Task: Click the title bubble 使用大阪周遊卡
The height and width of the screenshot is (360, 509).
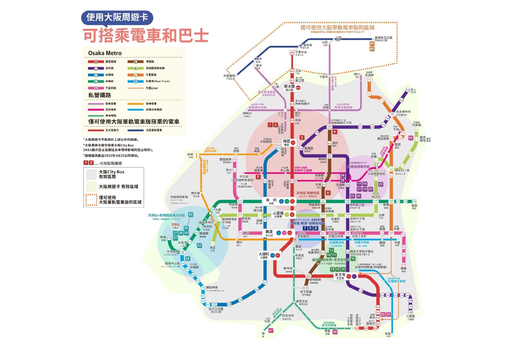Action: [x=117, y=17]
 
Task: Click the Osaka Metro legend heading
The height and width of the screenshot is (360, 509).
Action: [x=105, y=53]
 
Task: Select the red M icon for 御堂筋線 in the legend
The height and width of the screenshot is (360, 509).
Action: [x=95, y=62]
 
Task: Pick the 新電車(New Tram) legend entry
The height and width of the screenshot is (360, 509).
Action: [x=157, y=81]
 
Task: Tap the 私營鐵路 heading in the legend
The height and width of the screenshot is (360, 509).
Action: [x=100, y=95]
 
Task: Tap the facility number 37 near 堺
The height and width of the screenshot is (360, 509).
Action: [x=270, y=330]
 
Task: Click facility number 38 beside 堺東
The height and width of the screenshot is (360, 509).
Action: [x=335, y=332]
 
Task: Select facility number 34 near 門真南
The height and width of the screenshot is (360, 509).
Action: [x=410, y=138]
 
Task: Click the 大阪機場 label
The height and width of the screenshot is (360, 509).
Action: [x=229, y=76]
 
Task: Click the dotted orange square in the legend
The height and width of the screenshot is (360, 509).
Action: [x=91, y=200]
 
